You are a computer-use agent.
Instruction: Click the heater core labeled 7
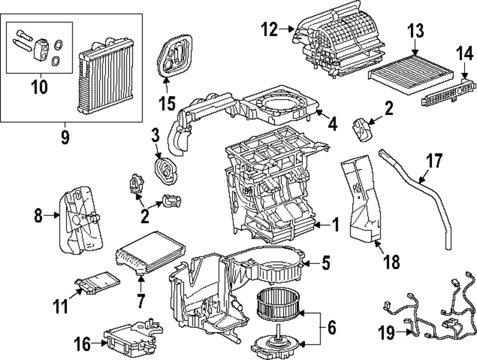[x=151, y=253]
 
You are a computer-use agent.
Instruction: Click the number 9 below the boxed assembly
[x=65, y=138]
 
